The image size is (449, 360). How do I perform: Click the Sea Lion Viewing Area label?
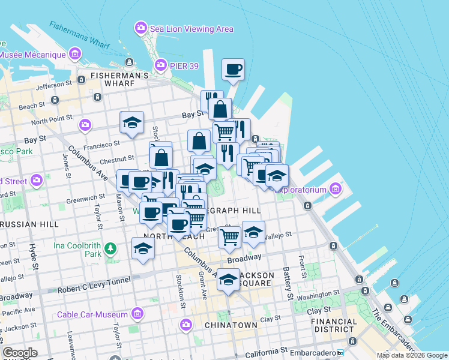(x=192, y=29)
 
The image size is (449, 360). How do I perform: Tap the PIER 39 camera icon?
(x=160, y=64)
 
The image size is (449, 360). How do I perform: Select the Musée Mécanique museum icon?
(x=76, y=55)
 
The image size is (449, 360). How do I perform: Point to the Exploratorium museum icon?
(x=335, y=190)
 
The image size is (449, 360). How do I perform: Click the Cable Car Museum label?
(x=92, y=314)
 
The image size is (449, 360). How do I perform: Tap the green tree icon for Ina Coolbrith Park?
(x=110, y=248)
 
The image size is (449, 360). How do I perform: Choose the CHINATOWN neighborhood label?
(x=231, y=325)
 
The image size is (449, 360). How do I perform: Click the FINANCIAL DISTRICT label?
(x=334, y=325)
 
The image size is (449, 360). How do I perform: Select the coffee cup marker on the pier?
(x=232, y=69)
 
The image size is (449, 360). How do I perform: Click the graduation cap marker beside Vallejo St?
(x=253, y=232)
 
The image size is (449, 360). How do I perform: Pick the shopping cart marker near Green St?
(x=229, y=237)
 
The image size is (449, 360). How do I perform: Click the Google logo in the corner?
(x=19, y=353)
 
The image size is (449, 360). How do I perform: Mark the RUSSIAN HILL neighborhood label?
(x=28, y=224)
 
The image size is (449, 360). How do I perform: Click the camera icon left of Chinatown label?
(x=185, y=325)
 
